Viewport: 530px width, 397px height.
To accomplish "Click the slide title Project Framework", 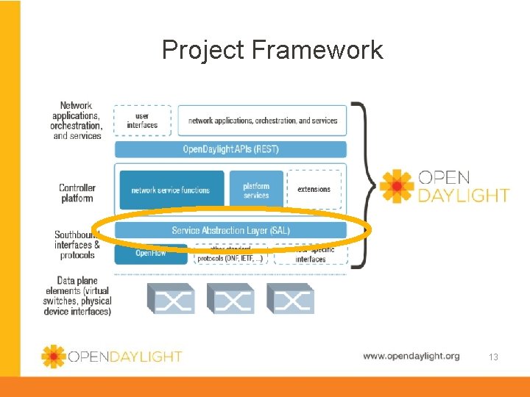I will pyautogui.click(x=272, y=50).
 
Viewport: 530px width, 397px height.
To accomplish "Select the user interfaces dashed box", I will pyautogui.click(x=142, y=121).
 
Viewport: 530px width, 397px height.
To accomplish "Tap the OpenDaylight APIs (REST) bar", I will pyautogui.click(x=230, y=149).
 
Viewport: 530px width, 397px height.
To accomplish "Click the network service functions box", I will pyautogui.click(x=171, y=190).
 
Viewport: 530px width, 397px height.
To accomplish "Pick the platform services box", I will pyautogui.click(x=256, y=190).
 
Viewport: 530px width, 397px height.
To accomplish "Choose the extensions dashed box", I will pyautogui.click(x=314, y=190).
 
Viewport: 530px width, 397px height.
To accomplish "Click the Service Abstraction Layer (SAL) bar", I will pyautogui.click(x=230, y=230).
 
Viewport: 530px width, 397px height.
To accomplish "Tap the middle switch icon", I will pyautogui.click(x=230, y=298).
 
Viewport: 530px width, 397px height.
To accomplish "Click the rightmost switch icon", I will pyautogui.click(x=289, y=298).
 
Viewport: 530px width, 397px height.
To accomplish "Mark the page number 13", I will pyautogui.click(x=493, y=357).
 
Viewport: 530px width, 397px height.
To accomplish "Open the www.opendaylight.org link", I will pyautogui.click(x=411, y=356).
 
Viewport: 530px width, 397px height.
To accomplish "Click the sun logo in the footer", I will pyautogui.click(x=53, y=357).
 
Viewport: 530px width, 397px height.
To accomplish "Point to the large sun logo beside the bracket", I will pyautogui.click(x=397, y=187).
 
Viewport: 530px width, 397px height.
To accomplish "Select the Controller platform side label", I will pyautogui.click(x=77, y=193).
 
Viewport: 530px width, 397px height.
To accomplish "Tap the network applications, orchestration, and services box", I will pyautogui.click(x=263, y=121).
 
